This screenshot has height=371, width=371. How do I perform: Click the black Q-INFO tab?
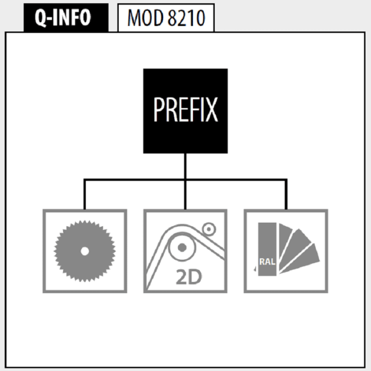tap(66, 17)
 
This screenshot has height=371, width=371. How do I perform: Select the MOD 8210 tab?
tap(166, 17)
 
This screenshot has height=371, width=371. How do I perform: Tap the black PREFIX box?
tap(185, 111)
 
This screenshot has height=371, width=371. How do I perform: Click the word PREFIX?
tap(185, 110)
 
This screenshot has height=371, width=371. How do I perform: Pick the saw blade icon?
tap(85, 251)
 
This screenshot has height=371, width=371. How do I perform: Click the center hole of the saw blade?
tap(85, 251)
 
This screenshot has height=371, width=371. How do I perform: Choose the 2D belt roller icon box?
tap(185, 251)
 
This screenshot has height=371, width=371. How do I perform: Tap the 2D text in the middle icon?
tap(189, 277)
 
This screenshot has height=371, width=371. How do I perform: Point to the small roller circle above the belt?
tap(209, 229)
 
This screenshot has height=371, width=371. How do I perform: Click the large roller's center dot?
tap(182, 248)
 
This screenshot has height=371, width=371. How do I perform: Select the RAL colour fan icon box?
tap(286, 251)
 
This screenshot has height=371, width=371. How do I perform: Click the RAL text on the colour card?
tap(267, 262)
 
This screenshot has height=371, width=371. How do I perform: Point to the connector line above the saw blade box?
tap(84, 195)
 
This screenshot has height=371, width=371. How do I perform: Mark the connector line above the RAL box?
tap(286, 195)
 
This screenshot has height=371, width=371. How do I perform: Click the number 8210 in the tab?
tap(186, 17)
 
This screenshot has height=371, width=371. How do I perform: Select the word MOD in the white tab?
tap(146, 17)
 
